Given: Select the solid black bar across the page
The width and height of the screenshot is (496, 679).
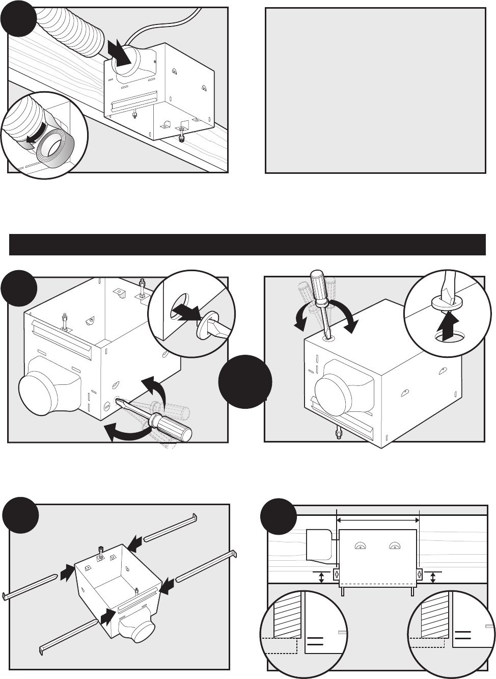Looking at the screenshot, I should (x=247, y=245).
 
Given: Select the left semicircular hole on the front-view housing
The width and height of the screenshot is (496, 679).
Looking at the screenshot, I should (x=360, y=546).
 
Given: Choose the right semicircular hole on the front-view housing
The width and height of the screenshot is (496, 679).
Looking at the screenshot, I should (x=394, y=546).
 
